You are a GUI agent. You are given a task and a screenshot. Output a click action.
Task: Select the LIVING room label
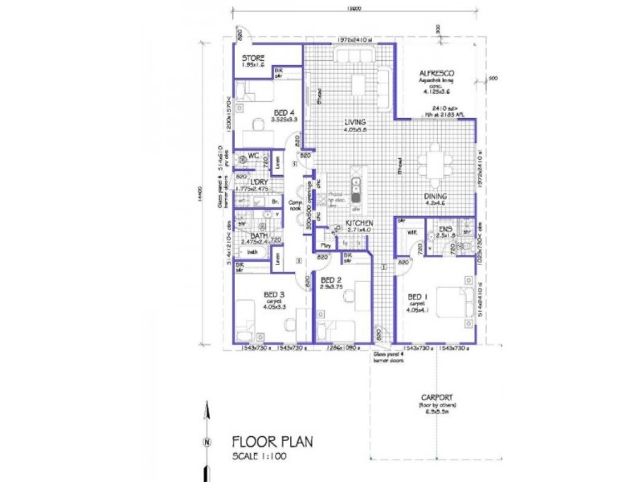pos(354,122)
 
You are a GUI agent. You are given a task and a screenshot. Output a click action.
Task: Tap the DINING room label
pos(436,196)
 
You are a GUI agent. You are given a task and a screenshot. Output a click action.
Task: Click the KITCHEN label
pos(360,223)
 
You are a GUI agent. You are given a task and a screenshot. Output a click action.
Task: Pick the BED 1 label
pos(417,296)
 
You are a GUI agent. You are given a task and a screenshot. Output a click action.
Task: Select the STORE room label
pos(254,59)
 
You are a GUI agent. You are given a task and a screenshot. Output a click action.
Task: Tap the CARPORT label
pos(437,397)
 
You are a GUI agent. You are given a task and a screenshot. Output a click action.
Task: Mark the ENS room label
pos(445,230)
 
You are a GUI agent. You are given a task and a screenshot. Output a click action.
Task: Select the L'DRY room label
pos(259,182)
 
